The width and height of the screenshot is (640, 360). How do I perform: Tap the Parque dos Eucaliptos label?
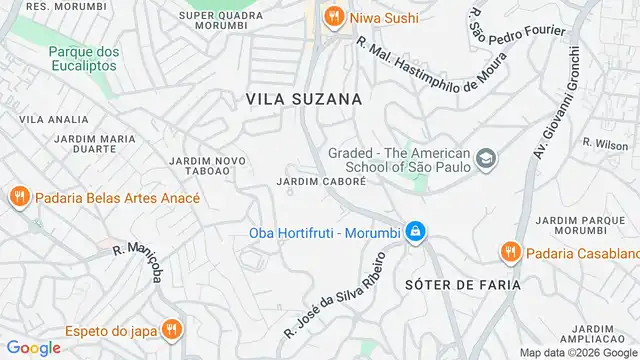(83, 58)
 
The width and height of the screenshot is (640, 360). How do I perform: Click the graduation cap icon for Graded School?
(486, 158)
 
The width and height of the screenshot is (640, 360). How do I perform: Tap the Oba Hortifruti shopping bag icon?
(416, 234)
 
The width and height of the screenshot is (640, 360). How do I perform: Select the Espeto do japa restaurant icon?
(172, 327)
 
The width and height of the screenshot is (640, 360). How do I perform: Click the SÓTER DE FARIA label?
(463, 284)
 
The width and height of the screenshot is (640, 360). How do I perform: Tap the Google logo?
(32, 347)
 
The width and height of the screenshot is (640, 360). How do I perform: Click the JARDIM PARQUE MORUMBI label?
(572, 225)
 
